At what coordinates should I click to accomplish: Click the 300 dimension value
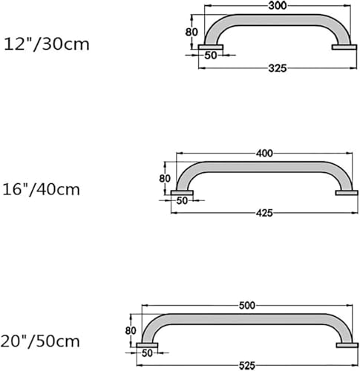278,6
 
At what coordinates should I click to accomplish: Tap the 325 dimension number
278,68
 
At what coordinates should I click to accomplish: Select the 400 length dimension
264,154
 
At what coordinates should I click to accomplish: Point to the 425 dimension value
264,213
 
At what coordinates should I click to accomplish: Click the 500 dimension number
247,306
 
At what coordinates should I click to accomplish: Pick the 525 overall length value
247,366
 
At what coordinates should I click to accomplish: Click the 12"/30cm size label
47,45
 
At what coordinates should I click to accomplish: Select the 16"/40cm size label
42,190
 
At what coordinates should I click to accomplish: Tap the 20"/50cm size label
40,341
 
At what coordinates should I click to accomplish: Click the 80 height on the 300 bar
192,32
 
